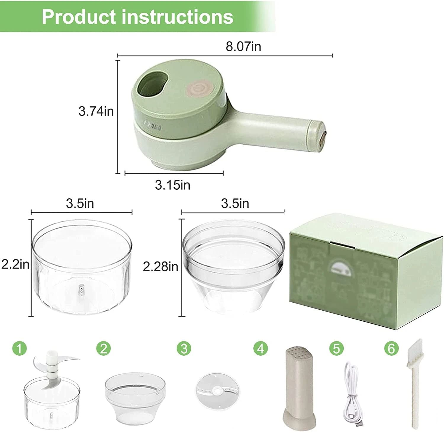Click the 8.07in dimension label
[x=243, y=47]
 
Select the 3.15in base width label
[x=173, y=185]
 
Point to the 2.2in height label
[x=15, y=264]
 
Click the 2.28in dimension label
[x=160, y=266]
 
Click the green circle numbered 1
[x=20, y=349]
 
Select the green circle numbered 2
[x=103, y=349]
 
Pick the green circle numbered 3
[x=184, y=349]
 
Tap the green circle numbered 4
[x=260, y=349]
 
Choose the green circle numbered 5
[x=337, y=349]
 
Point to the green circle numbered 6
[x=391, y=349]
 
